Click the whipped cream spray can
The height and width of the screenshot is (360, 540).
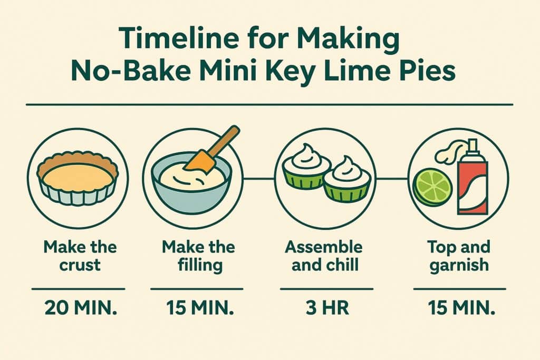[472, 182]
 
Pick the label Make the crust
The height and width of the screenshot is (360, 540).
[80, 255]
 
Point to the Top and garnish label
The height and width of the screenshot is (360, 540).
[459, 255]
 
